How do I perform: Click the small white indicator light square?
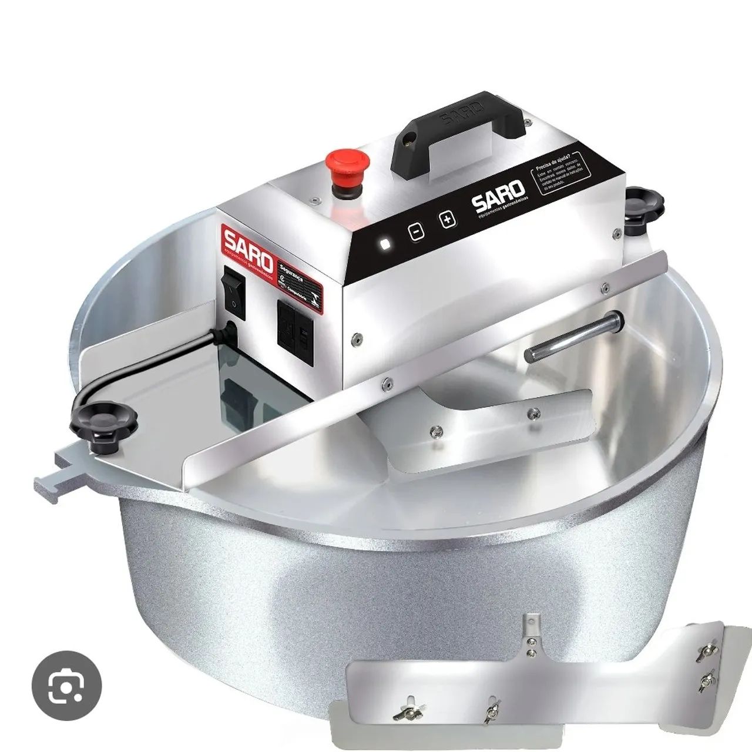385,244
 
